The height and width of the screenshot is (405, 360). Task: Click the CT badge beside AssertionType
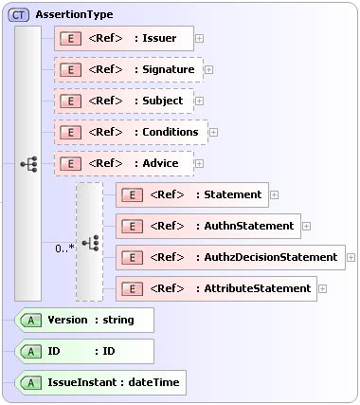pyautogui.click(x=19, y=14)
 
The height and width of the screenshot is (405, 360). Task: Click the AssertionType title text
pyautogui.click(x=74, y=14)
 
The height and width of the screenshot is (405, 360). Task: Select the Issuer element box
pyautogui.click(x=124, y=39)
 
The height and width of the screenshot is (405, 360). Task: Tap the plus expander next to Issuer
pyautogui.click(x=199, y=39)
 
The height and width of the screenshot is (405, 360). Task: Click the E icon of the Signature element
pyautogui.click(x=69, y=69)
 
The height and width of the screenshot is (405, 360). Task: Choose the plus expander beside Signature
pyautogui.click(x=208, y=69)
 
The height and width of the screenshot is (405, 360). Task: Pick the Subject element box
pyautogui.click(x=124, y=101)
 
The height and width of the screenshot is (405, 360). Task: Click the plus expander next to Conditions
pyautogui.click(x=213, y=132)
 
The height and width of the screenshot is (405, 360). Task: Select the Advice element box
pyautogui.click(x=124, y=163)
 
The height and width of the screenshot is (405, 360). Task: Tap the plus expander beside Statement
pyautogui.click(x=274, y=194)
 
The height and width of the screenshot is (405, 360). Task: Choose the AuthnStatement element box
pyautogui.click(x=207, y=226)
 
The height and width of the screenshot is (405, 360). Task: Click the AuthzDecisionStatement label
pyautogui.click(x=270, y=256)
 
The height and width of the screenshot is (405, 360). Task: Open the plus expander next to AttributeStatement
pyautogui.click(x=323, y=287)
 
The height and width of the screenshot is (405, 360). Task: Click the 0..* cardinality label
pyautogui.click(x=64, y=249)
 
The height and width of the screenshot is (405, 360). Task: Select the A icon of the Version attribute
pyautogui.click(x=31, y=320)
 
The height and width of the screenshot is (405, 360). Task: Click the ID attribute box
pyautogui.click(x=85, y=351)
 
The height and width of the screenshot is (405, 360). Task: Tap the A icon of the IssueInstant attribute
pyautogui.click(x=31, y=382)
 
